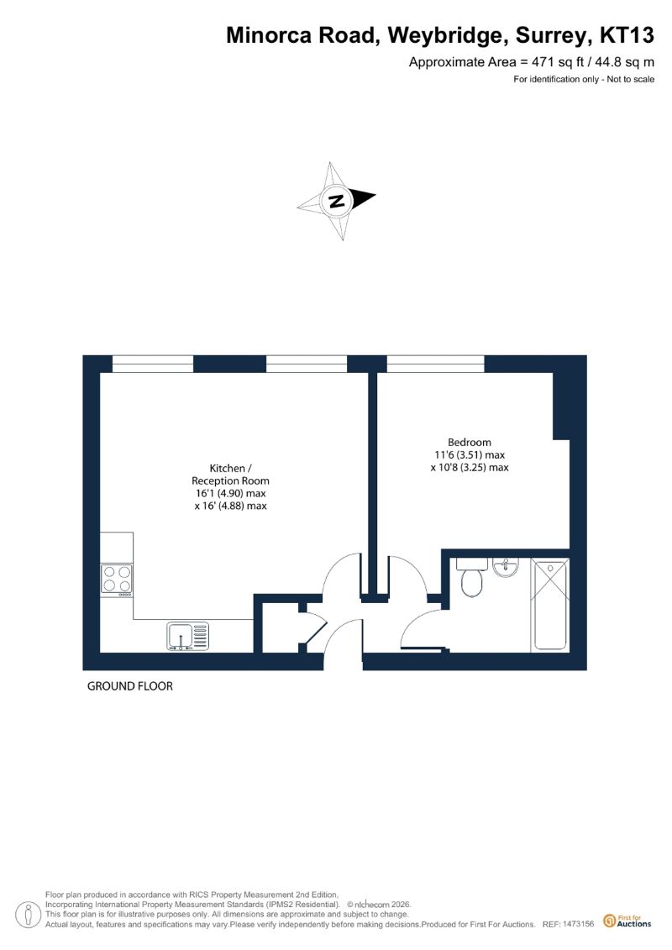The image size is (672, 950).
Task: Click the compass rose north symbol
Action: click(336, 201)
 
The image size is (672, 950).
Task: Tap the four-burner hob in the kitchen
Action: click(117, 580)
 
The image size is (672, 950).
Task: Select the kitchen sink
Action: click(188, 636)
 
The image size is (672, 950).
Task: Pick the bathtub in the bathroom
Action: click(549, 605)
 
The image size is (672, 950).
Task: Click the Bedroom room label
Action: click(470, 443)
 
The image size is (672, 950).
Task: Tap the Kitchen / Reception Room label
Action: click(230, 475)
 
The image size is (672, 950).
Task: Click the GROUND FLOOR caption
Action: click(130, 686)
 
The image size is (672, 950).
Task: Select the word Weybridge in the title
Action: click(448, 36)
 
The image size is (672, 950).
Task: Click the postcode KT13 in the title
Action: click(627, 35)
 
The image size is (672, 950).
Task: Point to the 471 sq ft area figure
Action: click(557, 62)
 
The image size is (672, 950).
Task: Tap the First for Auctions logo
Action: click(627, 921)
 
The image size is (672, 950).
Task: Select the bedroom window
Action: click(436, 364)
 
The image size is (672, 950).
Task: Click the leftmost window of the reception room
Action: click(153, 364)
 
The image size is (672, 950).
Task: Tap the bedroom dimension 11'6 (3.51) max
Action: click(470, 455)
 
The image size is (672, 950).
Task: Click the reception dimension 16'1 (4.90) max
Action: click(230, 493)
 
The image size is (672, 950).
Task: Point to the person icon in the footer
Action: click(28, 915)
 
